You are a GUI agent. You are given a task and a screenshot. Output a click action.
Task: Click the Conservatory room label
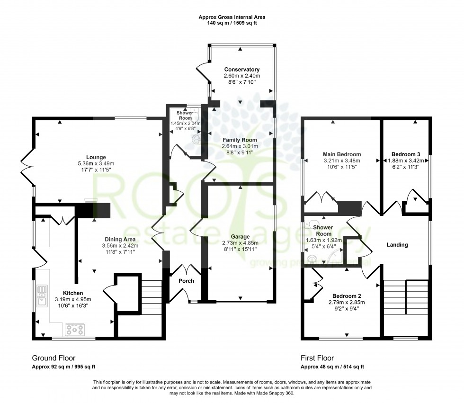[x=241, y=70]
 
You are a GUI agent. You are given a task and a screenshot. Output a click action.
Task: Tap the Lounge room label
[x=96, y=157]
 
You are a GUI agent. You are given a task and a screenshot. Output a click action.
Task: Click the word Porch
[x=186, y=281]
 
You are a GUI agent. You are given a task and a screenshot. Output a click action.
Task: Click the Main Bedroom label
[x=342, y=154]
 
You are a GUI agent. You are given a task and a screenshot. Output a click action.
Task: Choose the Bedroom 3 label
[x=405, y=154]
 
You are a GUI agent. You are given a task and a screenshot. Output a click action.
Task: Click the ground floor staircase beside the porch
[x=152, y=294]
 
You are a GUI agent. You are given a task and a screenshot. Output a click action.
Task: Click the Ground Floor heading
[x=54, y=358]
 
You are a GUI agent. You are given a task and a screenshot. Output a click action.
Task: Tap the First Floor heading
[x=320, y=358]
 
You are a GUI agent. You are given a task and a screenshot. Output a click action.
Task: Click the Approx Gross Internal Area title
[x=232, y=17]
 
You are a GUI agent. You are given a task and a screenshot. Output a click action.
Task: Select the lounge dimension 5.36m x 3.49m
[x=96, y=163]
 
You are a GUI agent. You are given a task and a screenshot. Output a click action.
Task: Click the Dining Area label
[x=120, y=240]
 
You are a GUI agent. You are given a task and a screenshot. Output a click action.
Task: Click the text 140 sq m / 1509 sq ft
[x=232, y=23]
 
